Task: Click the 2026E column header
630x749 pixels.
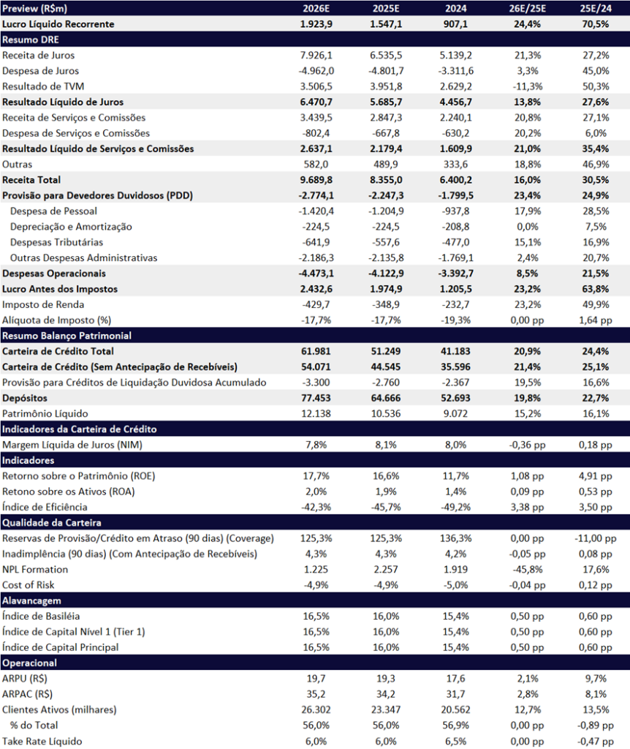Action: pos(316,9)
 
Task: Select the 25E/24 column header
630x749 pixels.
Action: pos(595,9)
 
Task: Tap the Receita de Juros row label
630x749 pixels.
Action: pos(38,56)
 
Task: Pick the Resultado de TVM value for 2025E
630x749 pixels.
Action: pos(386,86)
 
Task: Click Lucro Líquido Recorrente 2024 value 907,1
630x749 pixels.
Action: pos(455,24)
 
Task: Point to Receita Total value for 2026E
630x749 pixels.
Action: pos(316,180)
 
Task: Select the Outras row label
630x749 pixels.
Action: pos(18,165)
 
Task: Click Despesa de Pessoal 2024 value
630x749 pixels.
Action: pos(455,211)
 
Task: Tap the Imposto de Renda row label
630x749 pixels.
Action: pos(43,305)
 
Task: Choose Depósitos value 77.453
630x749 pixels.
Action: pos(316,398)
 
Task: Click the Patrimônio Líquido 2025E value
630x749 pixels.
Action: pos(386,414)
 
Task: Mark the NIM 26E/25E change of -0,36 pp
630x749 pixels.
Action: pos(527,445)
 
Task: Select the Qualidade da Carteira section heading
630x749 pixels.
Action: pos(52,522)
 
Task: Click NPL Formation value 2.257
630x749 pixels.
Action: pos(386,569)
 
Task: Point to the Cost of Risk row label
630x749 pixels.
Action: pos(29,585)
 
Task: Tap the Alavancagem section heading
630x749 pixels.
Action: pos(31,601)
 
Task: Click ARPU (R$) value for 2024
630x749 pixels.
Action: pos(455,678)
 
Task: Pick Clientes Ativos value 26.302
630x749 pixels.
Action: pos(316,710)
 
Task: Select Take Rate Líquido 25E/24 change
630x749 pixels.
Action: pos(595,741)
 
